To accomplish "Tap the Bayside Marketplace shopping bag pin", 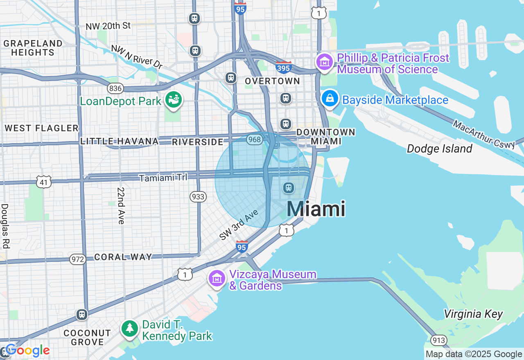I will point(330,99).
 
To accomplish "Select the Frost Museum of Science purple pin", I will point(325,62).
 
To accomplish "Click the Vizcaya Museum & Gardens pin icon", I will point(217,279).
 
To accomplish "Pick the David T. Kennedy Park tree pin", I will point(130,328).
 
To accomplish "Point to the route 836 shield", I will point(115,88).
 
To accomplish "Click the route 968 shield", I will point(254,140).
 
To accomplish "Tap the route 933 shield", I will point(198,197).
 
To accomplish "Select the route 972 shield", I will point(77,259).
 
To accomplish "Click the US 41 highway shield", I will point(43,182).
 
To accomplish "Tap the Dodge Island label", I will point(439,148).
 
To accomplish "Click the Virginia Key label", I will point(473,314).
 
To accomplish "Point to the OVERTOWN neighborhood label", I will point(273,81).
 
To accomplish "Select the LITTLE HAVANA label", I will point(119,141).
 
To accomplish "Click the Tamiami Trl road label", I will point(163,178).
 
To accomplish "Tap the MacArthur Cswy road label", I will point(483,134).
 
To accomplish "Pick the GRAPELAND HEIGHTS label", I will point(33,48).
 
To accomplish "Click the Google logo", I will point(28,351).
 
